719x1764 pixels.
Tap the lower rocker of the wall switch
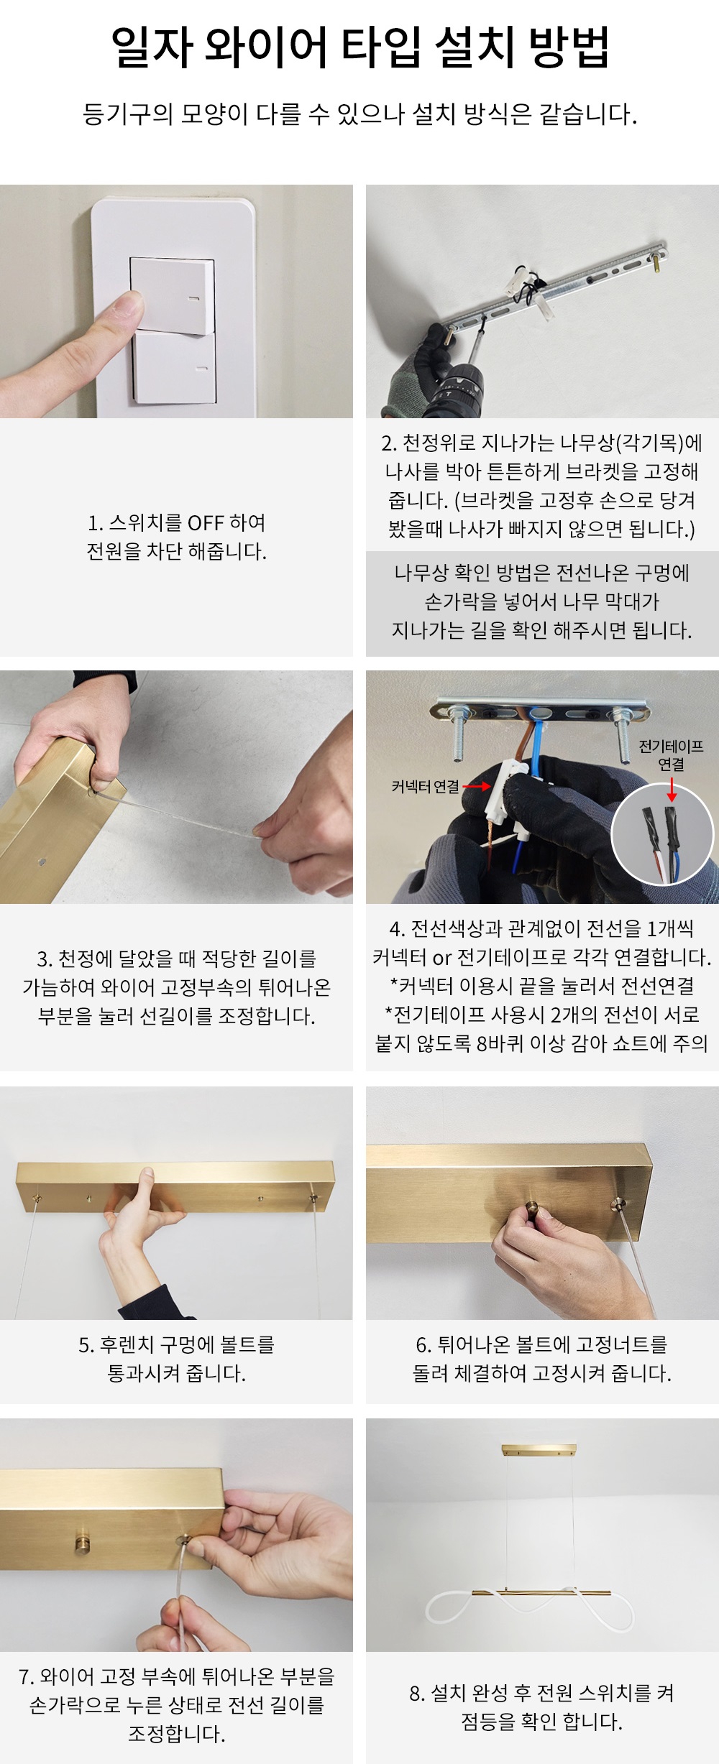pyautogui.click(x=175, y=368)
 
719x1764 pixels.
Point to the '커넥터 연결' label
pyautogui.click(x=425, y=786)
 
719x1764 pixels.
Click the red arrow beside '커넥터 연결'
pyautogui.click(x=477, y=786)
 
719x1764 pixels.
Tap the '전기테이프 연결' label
pyautogui.click(x=671, y=755)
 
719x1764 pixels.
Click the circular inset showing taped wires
pyautogui.click(x=663, y=834)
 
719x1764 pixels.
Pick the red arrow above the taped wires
pyautogui.click(x=672, y=789)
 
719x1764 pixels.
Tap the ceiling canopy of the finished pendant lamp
pyautogui.click(x=539, y=1449)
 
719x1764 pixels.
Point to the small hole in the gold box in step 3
pyautogui.click(x=42, y=862)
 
